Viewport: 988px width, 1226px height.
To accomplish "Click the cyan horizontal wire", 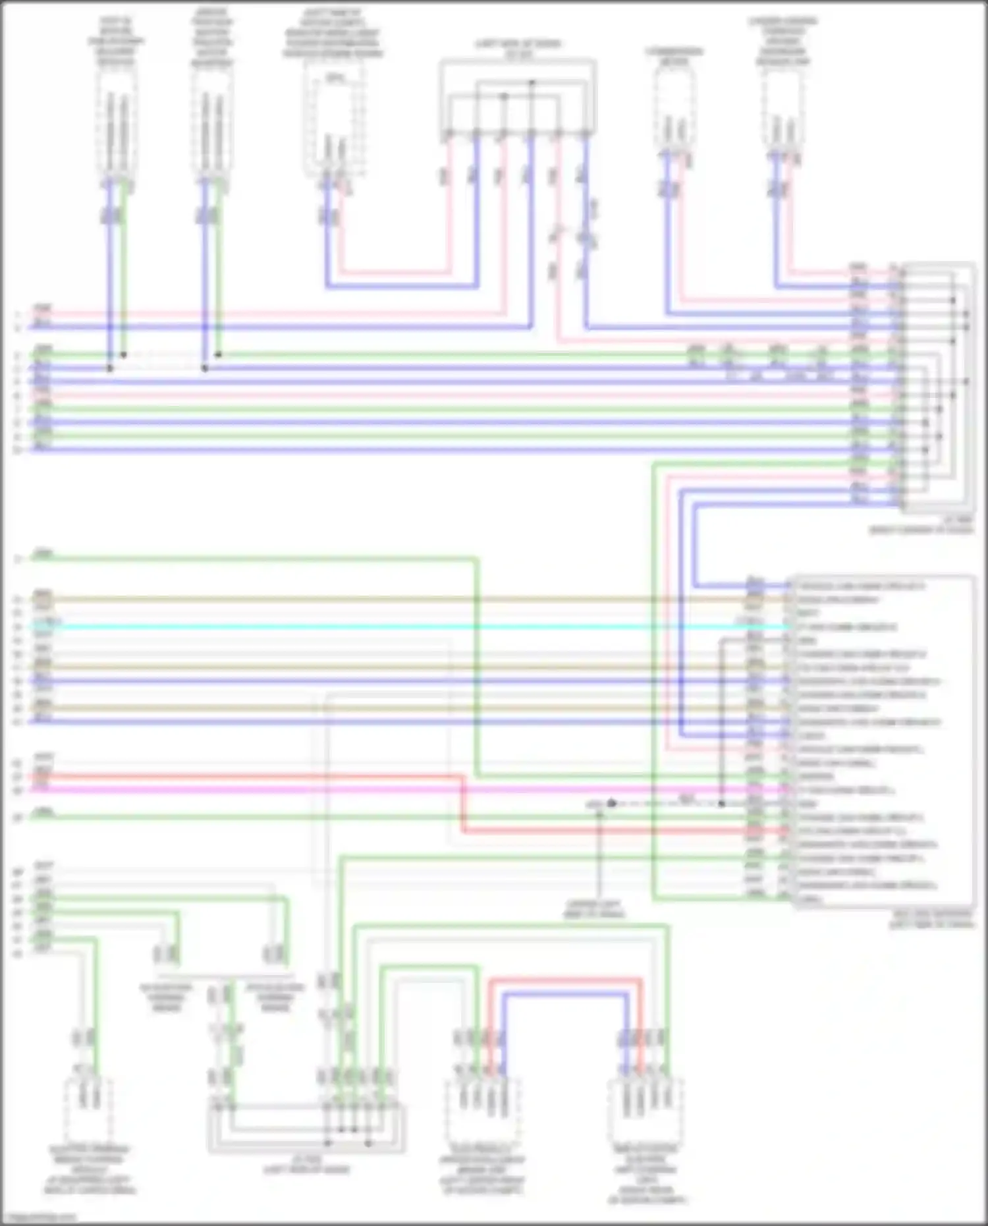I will point(395,627).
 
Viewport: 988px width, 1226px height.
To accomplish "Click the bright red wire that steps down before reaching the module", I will point(263,777).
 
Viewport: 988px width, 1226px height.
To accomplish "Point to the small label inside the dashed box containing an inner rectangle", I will point(335,79).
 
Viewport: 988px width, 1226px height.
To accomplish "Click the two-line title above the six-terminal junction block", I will point(518,48).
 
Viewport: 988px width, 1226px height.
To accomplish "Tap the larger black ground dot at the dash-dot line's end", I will point(612,804).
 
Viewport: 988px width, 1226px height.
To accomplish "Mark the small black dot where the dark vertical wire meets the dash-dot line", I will point(722,804).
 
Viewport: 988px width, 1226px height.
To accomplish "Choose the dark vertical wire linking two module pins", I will point(722,725).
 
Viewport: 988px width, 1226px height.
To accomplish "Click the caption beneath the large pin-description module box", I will point(931,920).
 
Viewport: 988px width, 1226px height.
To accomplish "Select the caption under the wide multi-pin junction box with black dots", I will point(306,1165).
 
